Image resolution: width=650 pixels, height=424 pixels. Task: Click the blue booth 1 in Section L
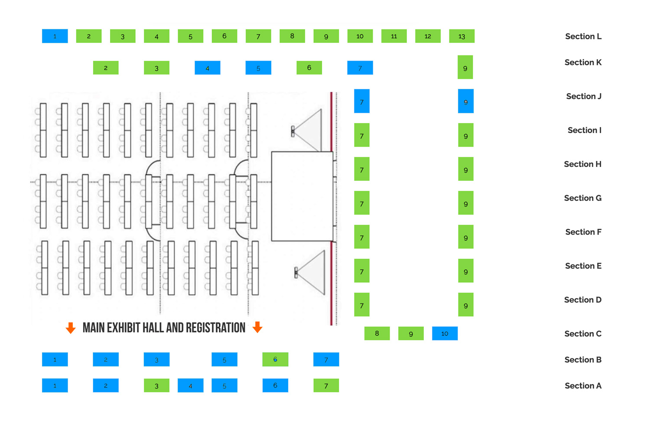55,36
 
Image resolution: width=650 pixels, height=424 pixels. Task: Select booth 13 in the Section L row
461,36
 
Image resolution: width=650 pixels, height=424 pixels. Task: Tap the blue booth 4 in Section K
208,68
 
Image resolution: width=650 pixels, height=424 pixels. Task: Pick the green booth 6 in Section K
309,68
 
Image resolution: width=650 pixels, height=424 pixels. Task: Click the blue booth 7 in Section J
361,101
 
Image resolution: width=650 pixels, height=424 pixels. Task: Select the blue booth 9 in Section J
466,101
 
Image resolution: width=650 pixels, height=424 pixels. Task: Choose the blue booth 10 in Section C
445,333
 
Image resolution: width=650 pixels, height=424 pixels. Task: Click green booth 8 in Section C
377,333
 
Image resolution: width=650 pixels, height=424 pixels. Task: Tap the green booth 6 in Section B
275,359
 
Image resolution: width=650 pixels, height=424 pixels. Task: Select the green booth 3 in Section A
157,385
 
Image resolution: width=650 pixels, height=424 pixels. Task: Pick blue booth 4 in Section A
190,385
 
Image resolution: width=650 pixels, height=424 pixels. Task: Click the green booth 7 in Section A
326,385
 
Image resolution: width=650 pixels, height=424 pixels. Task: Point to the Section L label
583,36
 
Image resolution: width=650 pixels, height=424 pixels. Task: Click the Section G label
583,198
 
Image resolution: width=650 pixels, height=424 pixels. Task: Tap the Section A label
583,386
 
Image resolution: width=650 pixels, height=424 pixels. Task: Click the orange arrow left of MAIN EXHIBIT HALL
71,328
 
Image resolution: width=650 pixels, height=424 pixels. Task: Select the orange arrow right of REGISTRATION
257,327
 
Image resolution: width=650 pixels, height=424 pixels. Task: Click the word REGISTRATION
216,328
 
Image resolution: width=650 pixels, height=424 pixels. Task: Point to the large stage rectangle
302,196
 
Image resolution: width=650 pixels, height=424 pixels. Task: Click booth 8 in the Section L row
292,36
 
